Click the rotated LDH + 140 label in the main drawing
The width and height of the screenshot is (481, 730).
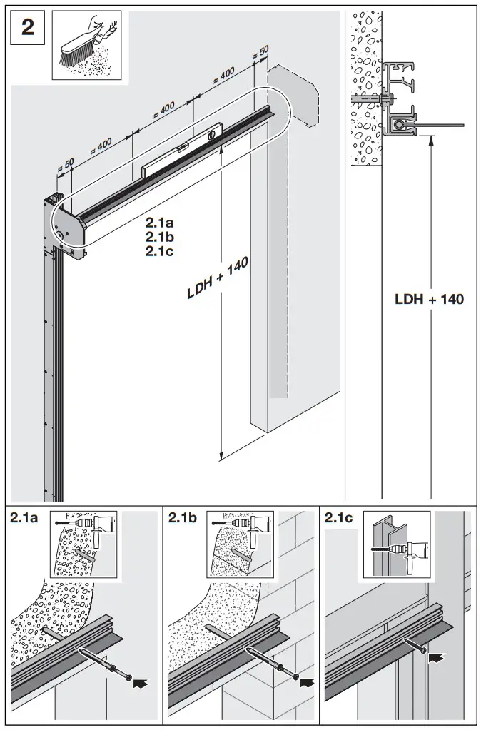(x=218, y=278)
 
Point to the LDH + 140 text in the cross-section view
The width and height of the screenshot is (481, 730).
(x=430, y=299)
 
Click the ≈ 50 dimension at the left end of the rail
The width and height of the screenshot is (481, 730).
(x=65, y=166)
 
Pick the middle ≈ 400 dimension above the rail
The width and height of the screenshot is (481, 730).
(x=163, y=111)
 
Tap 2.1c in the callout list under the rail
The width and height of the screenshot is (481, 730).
(x=159, y=250)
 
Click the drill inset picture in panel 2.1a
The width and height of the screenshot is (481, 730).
(x=83, y=544)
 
